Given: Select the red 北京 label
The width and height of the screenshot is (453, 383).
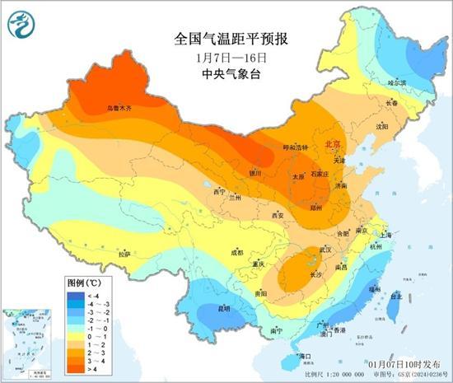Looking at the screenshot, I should pyautogui.click(x=334, y=143).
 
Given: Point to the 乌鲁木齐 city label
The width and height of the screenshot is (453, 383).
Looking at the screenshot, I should pyautogui.click(x=119, y=108).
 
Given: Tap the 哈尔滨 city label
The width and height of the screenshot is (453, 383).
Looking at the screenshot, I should pyautogui.click(x=398, y=82).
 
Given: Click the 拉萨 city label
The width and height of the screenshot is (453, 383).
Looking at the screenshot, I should pyautogui.click(x=124, y=255).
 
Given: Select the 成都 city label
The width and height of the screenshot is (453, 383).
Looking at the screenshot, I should pyautogui.click(x=237, y=252).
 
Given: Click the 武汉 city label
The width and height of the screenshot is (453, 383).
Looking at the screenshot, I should pyautogui.click(x=325, y=249).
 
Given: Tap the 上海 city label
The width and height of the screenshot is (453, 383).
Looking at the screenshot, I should pyautogui.click(x=386, y=235).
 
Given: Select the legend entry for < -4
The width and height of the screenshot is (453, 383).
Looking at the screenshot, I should pyautogui.click(x=82, y=293).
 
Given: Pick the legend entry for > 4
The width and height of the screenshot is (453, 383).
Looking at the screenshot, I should pyautogui.click(x=82, y=368).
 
